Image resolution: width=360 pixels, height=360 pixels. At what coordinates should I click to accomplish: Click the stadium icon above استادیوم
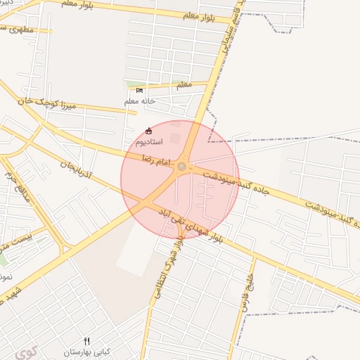pos(148,131)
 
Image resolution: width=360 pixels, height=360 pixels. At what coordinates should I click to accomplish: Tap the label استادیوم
pos(148,142)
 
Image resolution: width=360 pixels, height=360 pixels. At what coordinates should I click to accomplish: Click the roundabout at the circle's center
pos(181,167)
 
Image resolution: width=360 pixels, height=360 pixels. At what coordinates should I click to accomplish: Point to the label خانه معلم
pos(139,101)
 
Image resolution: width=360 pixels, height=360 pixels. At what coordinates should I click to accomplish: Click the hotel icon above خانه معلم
pos(139,91)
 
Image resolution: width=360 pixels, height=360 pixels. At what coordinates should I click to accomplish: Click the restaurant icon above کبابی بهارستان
pos(87,341)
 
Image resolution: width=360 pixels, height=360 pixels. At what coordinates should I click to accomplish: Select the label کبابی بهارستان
pos(87,351)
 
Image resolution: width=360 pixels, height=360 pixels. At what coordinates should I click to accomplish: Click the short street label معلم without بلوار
pos(184,84)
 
